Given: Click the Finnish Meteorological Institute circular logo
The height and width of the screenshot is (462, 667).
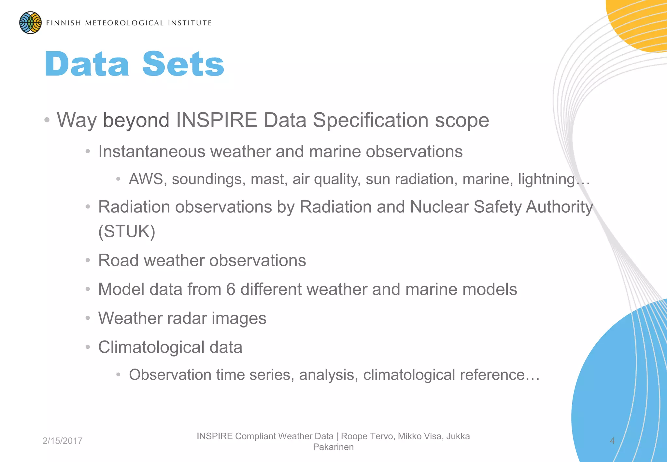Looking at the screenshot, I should pos(30,23).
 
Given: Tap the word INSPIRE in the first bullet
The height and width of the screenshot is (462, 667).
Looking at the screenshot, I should pos(217,120).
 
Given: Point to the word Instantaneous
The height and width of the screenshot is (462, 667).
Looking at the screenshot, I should pos(152,152).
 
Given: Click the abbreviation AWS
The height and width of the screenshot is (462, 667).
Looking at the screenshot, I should pos(146,179).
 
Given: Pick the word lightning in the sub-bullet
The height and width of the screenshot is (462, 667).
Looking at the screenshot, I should pos(546,179).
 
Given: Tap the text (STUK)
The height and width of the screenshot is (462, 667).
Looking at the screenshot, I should pos(127,231).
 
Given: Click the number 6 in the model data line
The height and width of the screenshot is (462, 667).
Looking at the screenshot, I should pos(231,289).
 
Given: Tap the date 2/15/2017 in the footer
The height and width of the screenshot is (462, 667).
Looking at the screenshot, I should pos(63,441).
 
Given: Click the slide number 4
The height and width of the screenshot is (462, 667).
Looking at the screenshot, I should pos(612,441).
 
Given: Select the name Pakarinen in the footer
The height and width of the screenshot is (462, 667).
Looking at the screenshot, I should pos(333,447).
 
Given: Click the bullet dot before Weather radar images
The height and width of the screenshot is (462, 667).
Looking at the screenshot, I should pos(88,318).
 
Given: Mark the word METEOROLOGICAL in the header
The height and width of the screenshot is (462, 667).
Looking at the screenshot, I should pos(124,23).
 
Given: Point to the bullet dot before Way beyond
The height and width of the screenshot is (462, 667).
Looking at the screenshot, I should pos(47,120).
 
